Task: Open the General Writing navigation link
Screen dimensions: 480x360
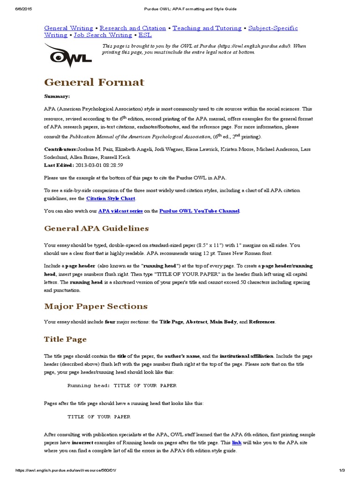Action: (x=68, y=28)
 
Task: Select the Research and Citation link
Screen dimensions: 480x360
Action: (x=133, y=28)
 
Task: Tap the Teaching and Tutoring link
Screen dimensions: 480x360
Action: (x=207, y=28)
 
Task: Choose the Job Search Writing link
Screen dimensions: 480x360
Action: (x=103, y=35)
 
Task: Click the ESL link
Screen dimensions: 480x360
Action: (x=145, y=35)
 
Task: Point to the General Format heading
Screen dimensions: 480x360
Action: (x=94, y=82)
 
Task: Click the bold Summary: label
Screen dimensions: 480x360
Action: (x=57, y=96)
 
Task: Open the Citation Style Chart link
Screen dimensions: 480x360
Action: (x=111, y=199)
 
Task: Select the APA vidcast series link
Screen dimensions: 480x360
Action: (x=120, y=211)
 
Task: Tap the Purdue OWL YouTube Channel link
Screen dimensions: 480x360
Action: (x=200, y=211)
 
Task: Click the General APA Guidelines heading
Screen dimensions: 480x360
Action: (x=96, y=229)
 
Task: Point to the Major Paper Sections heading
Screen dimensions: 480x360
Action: (x=96, y=307)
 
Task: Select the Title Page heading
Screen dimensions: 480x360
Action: (x=65, y=339)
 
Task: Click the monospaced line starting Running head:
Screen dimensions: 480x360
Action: (x=122, y=386)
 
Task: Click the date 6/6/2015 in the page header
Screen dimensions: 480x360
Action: (x=11, y=9)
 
